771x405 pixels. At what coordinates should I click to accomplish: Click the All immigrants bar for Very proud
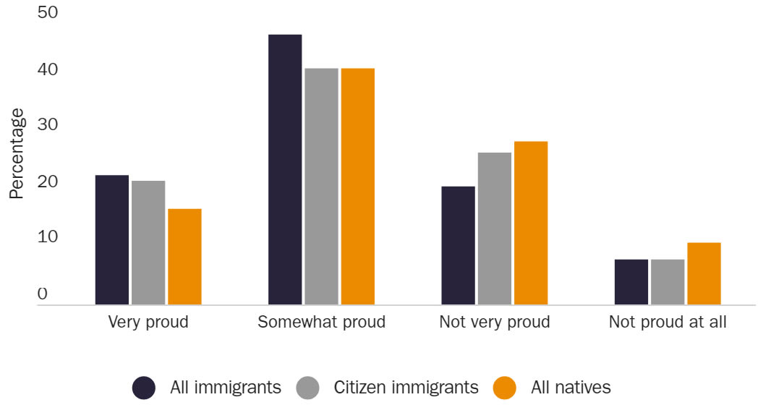click(112, 239)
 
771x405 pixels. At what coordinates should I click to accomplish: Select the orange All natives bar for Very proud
click(184, 256)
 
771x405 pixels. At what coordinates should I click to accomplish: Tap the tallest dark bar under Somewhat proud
click(285, 169)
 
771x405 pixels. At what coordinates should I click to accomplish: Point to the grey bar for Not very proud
click(495, 229)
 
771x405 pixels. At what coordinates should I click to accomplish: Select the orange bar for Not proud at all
click(704, 273)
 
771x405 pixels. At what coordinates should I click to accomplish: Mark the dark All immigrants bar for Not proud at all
click(631, 281)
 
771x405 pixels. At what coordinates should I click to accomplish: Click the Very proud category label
click(148, 322)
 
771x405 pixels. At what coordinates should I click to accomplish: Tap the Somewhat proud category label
click(321, 322)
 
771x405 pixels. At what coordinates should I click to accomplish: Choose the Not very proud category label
click(495, 322)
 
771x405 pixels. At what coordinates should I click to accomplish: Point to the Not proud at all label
click(668, 322)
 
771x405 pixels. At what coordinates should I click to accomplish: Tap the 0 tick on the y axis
click(42, 294)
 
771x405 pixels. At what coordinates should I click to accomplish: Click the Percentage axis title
click(17, 153)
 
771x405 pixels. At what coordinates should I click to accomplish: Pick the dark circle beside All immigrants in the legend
click(144, 388)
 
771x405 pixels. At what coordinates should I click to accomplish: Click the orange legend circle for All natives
click(505, 388)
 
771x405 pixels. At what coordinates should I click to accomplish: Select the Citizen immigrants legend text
click(406, 388)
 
